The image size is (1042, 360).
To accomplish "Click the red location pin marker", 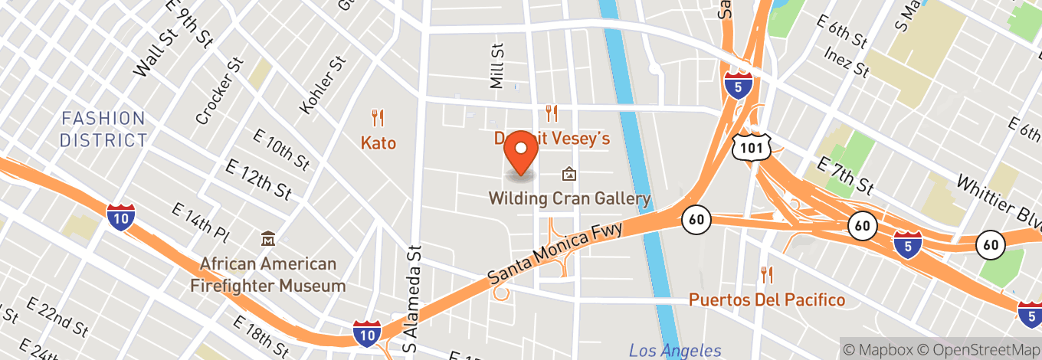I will [522, 152].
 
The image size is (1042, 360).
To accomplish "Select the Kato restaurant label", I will [378, 142].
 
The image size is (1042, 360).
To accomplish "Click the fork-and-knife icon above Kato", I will [377, 118].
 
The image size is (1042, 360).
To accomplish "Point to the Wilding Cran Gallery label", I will [570, 199].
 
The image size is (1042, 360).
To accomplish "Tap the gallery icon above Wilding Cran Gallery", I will [569, 175].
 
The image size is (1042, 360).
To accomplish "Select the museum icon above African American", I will [267, 239].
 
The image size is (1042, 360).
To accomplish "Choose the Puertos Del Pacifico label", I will [766, 299].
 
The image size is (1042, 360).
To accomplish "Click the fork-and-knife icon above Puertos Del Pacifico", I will [765, 274].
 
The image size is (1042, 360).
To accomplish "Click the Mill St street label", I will [498, 66].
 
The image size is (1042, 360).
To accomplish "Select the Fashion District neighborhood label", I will [103, 129].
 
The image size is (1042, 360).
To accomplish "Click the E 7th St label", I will [845, 175].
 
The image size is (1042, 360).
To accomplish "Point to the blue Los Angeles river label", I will [675, 351].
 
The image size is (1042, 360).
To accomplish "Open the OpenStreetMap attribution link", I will [977, 349].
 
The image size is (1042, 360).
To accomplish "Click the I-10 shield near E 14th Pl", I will [121, 218].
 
